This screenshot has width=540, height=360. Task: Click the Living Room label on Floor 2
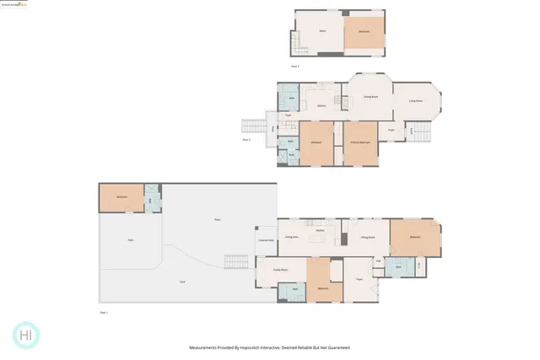pyautogui.click(x=415, y=100)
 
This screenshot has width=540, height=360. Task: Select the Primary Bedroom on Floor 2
pyautogui.click(x=359, y=142)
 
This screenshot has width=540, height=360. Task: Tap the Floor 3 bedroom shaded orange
pyautogui.click(x=364, y=32)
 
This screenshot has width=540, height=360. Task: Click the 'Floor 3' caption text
pyautogui.click(x=295, y=66)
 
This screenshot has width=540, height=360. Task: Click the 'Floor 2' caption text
pyautogui.click(x=246, y=140)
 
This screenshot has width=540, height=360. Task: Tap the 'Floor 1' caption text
pyautogui.click(x=105, y=312)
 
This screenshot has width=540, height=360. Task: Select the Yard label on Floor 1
pyautogui.click(x=182, y=281)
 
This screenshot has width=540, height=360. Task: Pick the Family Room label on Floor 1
pyautogui.click(x=281, y=270)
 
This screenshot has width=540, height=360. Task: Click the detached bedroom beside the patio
pyautogui.click(x=121, y=197)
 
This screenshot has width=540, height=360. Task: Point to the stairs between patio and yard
pyautogui.click(x=228, y=261)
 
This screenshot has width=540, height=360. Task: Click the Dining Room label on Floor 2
pyautogui.click(x=370, y=98)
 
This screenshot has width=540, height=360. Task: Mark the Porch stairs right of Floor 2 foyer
pyautogui.click(x=418, y=131)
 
